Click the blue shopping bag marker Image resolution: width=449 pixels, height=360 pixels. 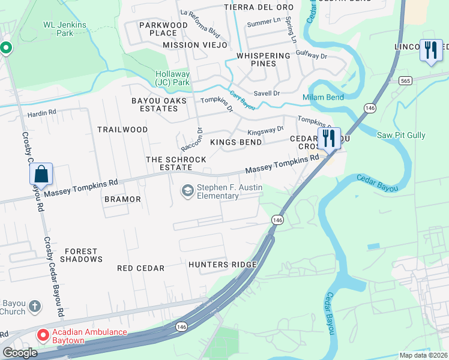[41, 174]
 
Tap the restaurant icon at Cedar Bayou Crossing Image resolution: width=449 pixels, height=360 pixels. [328, 138]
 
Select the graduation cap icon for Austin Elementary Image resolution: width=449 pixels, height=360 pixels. [188, 191]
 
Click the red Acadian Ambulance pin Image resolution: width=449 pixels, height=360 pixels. [43, 334]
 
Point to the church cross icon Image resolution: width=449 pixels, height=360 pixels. [35, 307]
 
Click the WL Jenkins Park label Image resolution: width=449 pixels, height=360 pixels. [64, 29]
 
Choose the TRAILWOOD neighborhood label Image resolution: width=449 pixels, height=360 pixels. [122, 130]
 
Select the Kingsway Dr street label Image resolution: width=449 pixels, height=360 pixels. [265, 130]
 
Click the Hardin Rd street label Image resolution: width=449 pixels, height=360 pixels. [41, 112]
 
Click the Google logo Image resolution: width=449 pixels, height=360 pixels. [20, 353]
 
